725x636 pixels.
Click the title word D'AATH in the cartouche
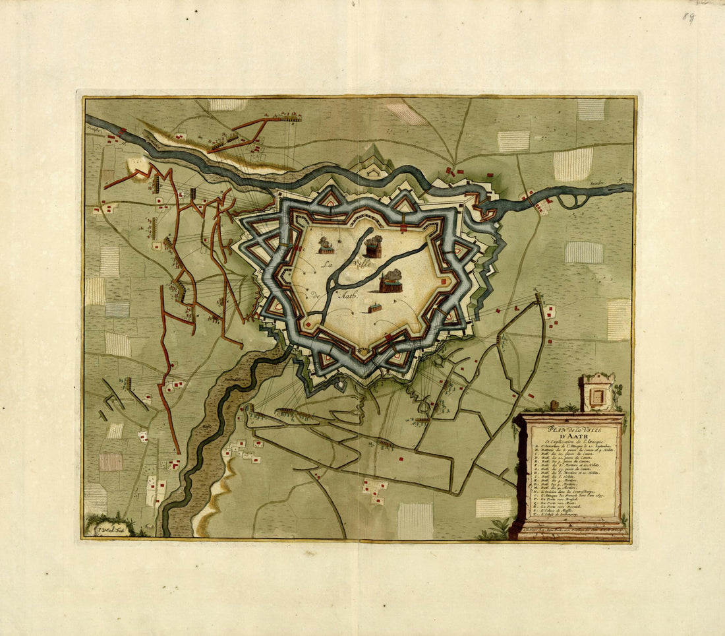point(568,435)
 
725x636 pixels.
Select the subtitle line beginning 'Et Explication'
point(569,441)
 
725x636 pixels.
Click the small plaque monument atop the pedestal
point(597,393)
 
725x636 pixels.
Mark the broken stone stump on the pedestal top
point(555,405)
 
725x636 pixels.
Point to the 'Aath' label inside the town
point(349,296)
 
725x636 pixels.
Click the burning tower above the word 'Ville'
point(373,246)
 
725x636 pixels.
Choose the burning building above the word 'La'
point(326,245)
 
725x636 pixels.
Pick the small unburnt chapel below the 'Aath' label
point(374,307)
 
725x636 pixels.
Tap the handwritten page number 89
point(688,18)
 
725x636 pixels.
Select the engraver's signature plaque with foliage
point(109,528)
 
